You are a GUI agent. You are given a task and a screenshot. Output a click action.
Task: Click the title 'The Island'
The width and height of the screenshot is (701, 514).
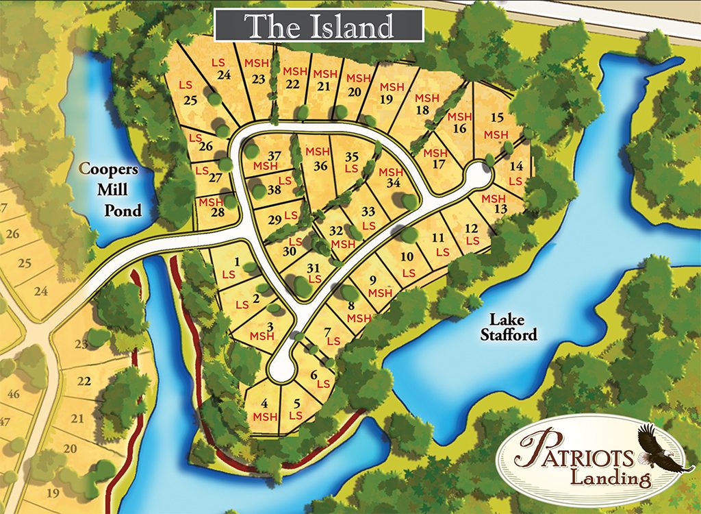319,26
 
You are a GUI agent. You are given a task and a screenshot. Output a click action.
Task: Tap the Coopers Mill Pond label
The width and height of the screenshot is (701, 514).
113,188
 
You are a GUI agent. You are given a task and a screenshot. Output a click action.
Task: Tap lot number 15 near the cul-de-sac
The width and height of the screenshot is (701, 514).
498,117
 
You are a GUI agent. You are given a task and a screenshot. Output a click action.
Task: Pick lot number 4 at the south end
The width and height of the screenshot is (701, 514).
264,403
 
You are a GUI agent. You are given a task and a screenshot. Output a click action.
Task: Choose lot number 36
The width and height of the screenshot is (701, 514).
320,165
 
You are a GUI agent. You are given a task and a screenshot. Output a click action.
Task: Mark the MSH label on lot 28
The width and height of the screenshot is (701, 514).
211,201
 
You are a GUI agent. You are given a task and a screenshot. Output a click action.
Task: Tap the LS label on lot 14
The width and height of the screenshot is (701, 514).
515,181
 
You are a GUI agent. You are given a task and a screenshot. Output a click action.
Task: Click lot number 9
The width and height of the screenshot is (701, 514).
373,280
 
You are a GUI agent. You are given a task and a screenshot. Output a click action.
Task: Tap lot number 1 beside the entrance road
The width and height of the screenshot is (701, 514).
237,261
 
